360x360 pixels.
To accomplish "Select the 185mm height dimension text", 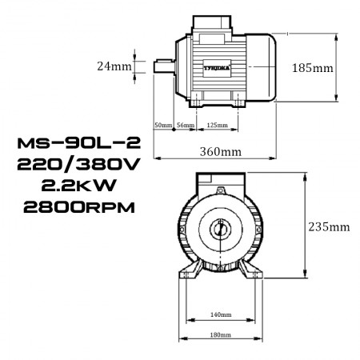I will (x=310, y=68).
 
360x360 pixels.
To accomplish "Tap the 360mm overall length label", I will (x=220, y=151).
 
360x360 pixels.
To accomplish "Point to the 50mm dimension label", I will (x=163, y=126).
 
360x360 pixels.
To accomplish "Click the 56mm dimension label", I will (x=186, y=126).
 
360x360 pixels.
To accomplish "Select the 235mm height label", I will (x=329, y=226).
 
